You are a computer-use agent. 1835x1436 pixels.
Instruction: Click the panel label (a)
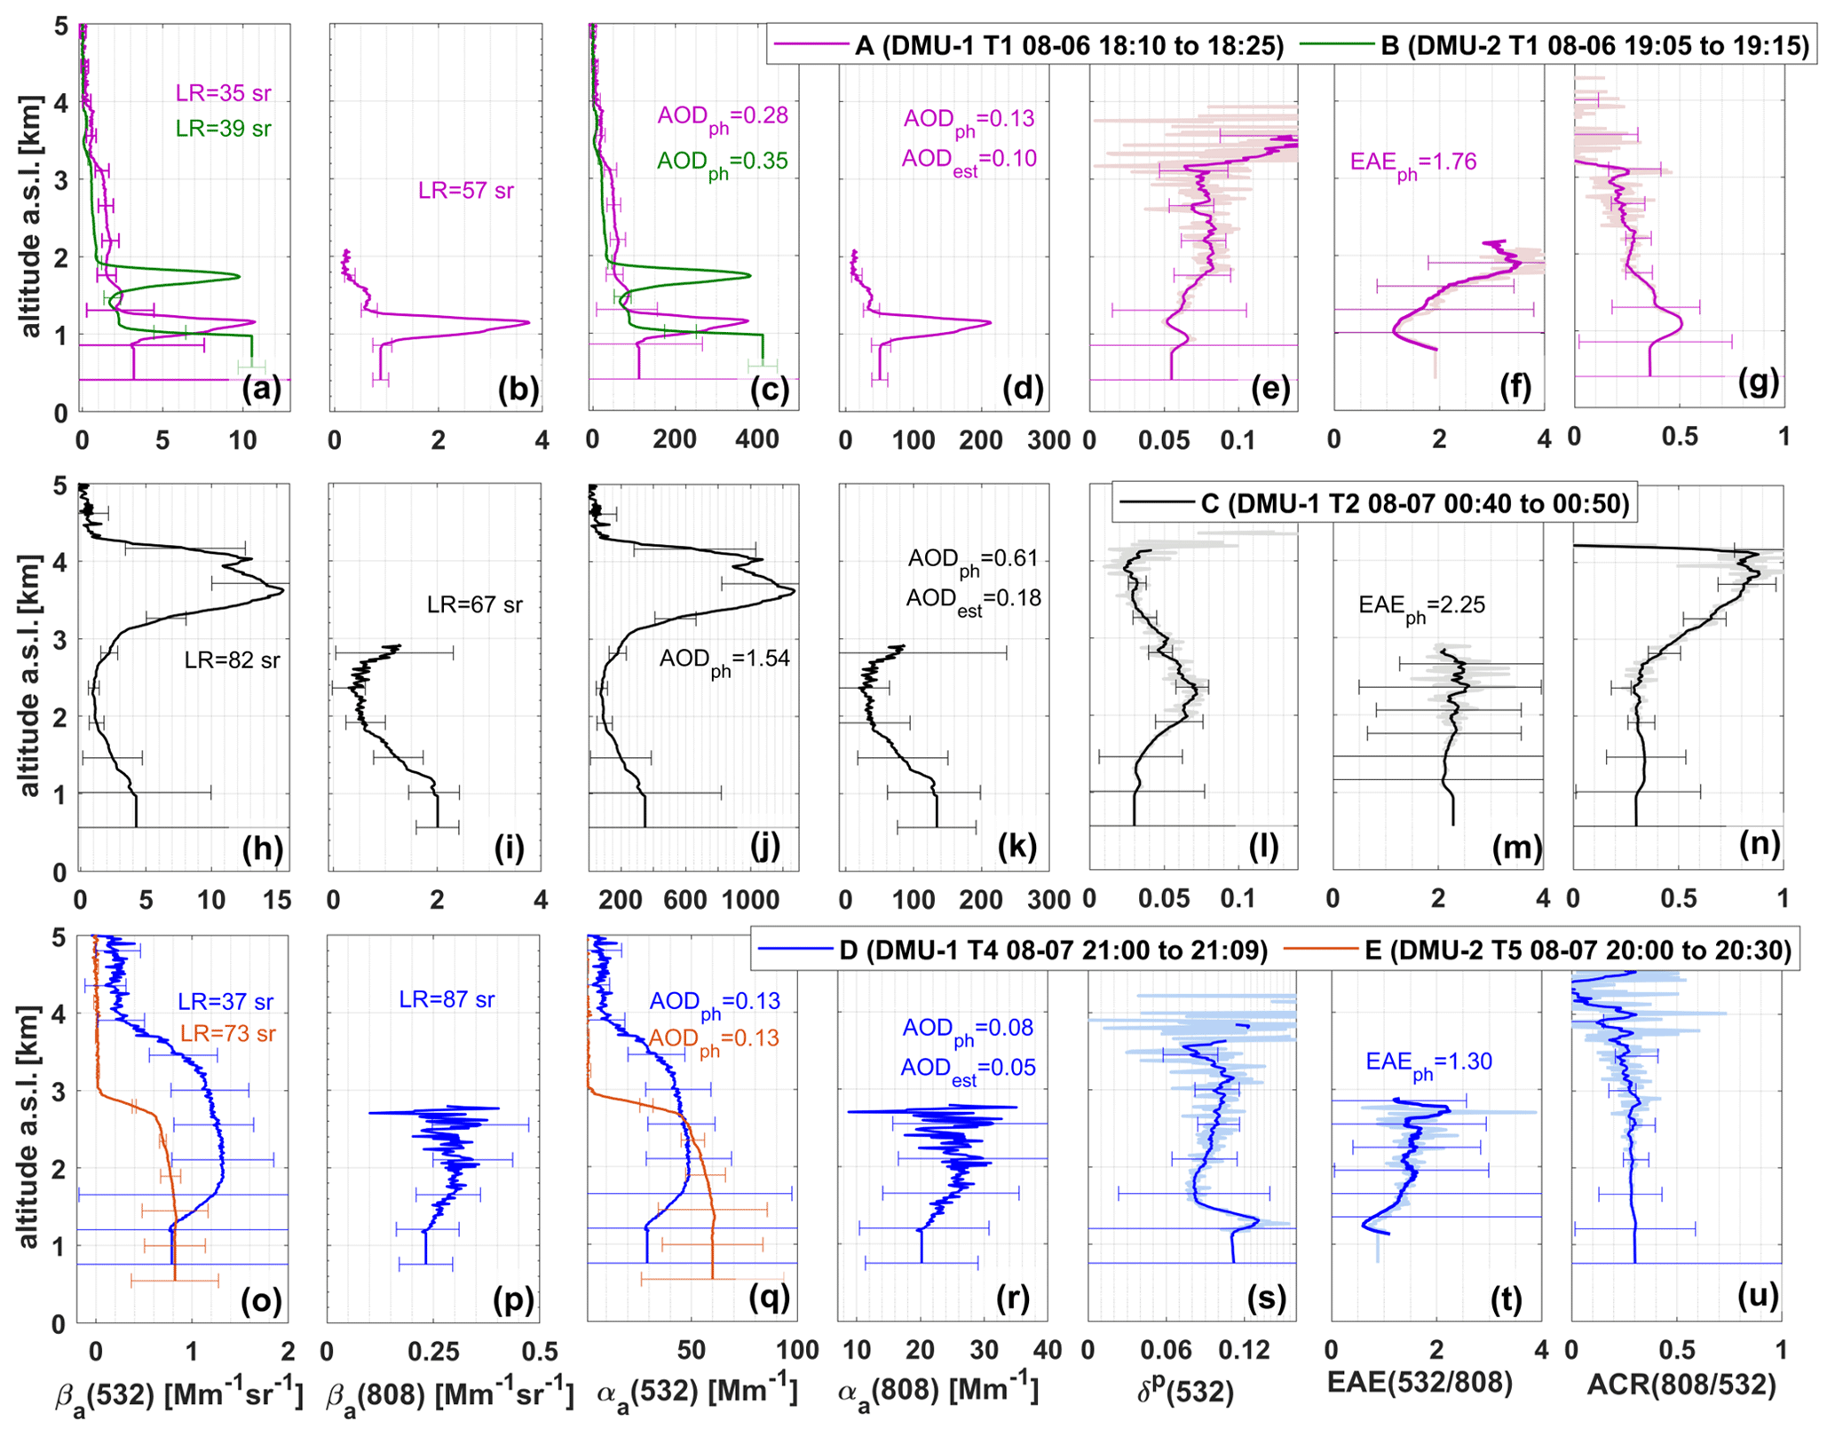tap(261, 388)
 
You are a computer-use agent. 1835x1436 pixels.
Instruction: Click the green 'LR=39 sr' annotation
tap(223, 129)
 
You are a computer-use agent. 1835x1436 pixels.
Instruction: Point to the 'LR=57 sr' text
tap(466, 191)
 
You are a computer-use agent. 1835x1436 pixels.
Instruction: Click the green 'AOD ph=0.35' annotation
tap(722, 162)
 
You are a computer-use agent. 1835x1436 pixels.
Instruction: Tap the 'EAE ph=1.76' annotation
tap(1413, 163)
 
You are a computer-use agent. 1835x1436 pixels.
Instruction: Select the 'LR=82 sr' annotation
tap(232, 660)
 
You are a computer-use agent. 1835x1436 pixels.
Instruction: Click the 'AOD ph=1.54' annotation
tap(724, 660)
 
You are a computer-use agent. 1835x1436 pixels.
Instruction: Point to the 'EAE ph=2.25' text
tap(1421, 607)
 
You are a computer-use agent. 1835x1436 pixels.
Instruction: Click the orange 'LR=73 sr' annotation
tap(227, 1034)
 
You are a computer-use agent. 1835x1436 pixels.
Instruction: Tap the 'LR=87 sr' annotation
tap(447, 999)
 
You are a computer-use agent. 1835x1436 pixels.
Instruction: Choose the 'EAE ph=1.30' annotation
tap(1428, 1063)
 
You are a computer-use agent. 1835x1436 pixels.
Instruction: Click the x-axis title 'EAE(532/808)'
tap(1420, 1382)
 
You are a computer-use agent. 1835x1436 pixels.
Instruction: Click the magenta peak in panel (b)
tap(527, 322)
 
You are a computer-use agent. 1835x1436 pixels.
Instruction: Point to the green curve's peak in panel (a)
tap(239, 276)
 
